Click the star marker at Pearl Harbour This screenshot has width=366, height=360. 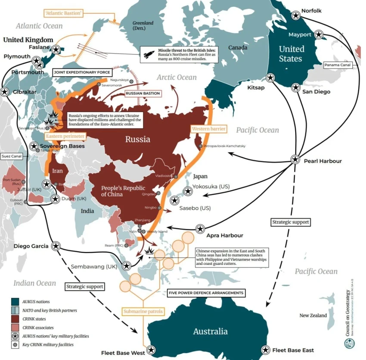click(x=295, y=159)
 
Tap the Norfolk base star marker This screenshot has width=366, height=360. click(x=295, y=15)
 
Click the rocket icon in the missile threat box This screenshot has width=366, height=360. click(x=149, y=54)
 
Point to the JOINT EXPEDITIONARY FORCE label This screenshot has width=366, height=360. click(x=82, y=72)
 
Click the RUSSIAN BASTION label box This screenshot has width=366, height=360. click(x=142, y=93)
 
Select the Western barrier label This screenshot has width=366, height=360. click(x=206, y=129)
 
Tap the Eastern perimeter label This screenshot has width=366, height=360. click(x=65, y=136)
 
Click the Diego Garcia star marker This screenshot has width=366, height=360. click(x=56, y=246)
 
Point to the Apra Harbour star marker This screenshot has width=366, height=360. click(x=200, y=229)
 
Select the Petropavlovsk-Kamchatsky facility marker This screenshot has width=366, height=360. click(x=200, y=146)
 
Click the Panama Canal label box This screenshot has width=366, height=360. click(x=338, y=65)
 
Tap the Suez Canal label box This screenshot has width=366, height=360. click(x=11, y=156)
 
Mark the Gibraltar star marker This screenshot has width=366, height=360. click(x=5, y=92)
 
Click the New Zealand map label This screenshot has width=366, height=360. click(x=313, y=316)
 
